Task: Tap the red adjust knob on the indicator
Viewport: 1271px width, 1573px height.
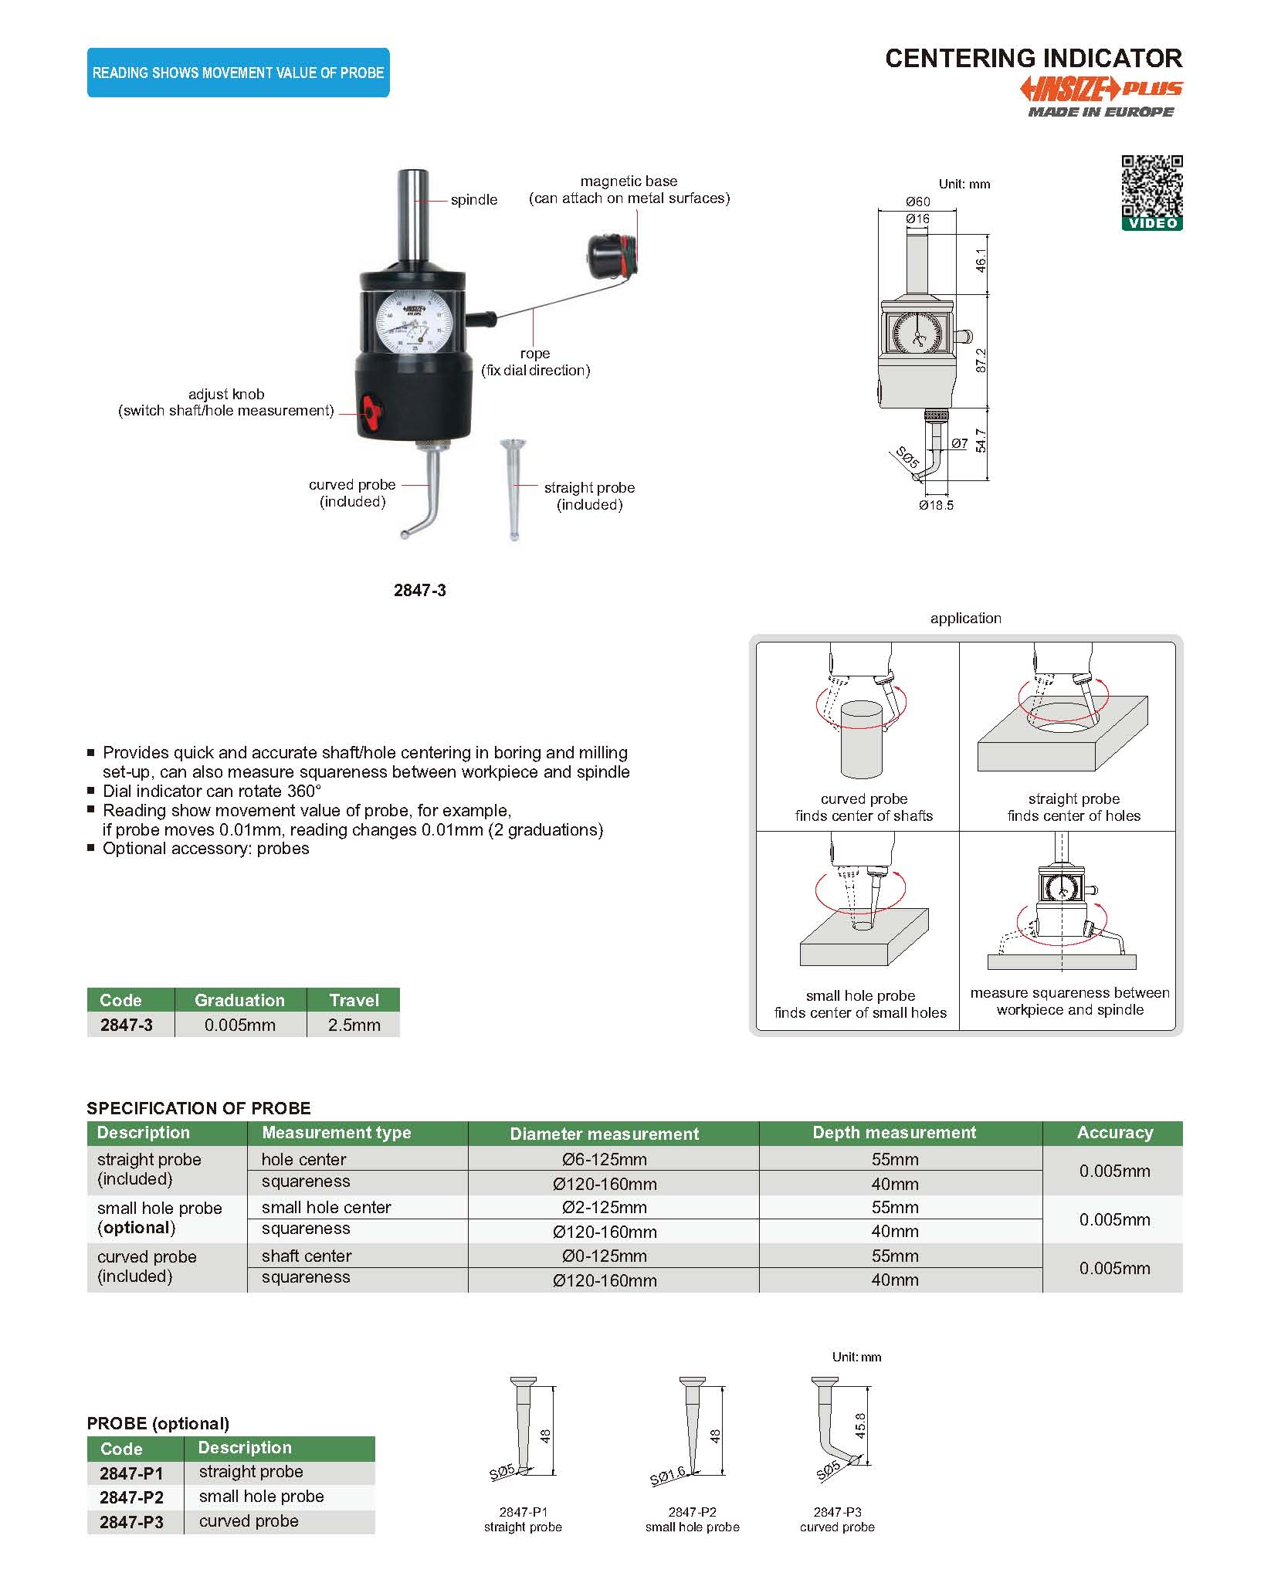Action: click(x=371, y=412)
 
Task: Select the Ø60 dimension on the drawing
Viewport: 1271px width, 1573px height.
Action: click(x=918, y=202)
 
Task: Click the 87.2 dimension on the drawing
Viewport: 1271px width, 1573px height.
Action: click(x=981, y=361)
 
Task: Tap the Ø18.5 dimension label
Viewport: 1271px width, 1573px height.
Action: click(x=936, y=505)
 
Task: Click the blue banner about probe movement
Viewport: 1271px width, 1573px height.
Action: click(x=238, y=73)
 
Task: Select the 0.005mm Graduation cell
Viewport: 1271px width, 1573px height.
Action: click(x=239, y=1025)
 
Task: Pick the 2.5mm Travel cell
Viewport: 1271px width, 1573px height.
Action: click(x=354, y=1025)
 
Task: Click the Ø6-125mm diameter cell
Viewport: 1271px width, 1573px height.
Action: click(x=605, y=1159)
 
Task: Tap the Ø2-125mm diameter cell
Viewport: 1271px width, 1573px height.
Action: click(x=605, y=1207)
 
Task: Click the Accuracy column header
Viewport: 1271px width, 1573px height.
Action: click(x=1114, y=1133)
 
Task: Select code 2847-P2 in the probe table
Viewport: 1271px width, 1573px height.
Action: click(x=132, y=1497)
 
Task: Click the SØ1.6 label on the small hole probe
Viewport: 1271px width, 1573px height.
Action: click(x=667, y=1476)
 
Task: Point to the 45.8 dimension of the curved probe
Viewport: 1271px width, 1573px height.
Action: click(x=861, y=1426)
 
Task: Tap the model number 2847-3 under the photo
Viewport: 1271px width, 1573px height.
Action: click(x=419, y=590)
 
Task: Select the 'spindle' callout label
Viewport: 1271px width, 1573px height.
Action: click(x=473, y=199)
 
